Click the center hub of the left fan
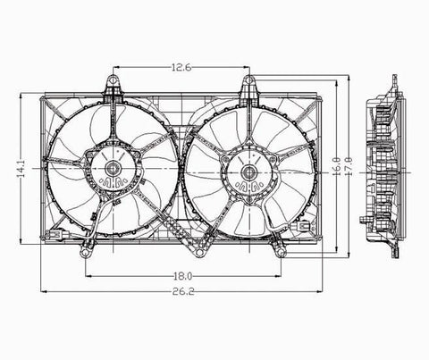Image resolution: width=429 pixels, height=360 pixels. (x=114, y=168)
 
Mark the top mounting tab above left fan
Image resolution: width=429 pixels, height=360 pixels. (x=114, y=85)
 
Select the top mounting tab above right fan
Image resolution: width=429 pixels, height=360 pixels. (x=250, y=85)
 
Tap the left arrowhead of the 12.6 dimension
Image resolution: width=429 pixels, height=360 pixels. (x=118, y=70)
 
